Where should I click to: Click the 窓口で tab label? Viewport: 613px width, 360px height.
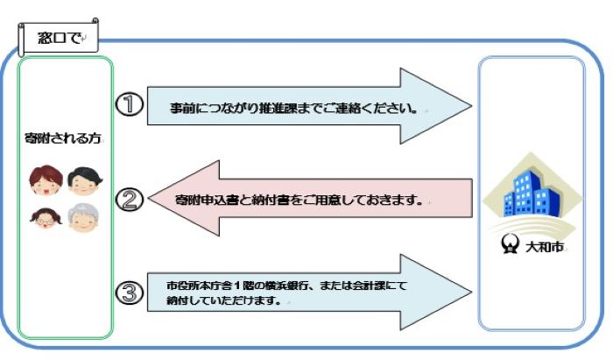point(57,38)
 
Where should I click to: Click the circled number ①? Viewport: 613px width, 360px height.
point(129,104)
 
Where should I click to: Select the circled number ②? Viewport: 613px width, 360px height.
point(130,200)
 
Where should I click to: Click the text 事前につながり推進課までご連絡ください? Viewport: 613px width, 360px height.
point(293,110)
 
